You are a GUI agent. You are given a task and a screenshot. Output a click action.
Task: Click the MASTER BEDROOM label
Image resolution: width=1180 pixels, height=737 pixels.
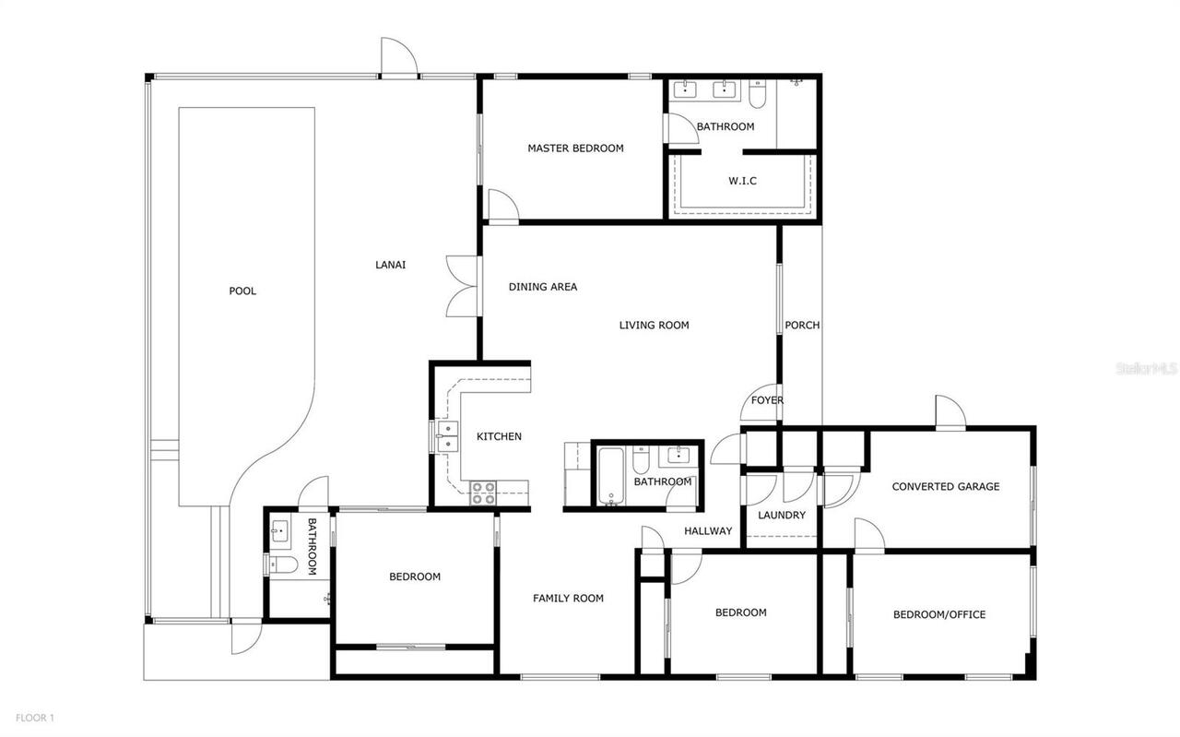pos(575,149)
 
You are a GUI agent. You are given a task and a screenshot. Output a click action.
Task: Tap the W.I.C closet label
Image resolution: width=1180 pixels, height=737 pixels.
pos(742,181)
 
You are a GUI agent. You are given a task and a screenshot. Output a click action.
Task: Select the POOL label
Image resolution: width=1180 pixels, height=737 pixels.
pos(242,291)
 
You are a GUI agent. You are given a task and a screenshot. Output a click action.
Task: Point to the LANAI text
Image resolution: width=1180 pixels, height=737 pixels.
pos(390,266)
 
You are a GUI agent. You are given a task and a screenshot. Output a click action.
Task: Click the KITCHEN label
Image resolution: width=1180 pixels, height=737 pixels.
pos(499,437)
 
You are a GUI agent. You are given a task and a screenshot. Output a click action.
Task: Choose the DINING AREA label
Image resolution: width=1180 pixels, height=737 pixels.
pos(543,287)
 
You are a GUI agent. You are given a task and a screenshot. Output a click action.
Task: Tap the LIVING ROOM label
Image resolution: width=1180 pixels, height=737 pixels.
pos(654,326)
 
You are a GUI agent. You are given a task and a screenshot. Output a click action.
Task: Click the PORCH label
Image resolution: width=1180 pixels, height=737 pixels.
pos(802,326)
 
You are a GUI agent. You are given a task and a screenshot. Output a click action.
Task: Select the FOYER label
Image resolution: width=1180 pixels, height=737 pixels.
pos(767,400)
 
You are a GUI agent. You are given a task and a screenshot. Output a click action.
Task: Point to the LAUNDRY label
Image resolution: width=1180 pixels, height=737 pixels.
pos(782,516)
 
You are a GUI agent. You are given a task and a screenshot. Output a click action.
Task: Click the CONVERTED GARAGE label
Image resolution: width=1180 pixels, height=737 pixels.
pos(945,487)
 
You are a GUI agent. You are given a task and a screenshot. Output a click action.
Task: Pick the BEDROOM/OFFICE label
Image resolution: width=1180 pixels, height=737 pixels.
pos(939,615)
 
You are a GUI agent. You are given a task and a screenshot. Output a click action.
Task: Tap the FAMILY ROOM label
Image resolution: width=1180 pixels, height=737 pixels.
pos(568,599)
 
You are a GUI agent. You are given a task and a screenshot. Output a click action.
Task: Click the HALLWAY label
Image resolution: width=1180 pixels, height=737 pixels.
pos(708,531)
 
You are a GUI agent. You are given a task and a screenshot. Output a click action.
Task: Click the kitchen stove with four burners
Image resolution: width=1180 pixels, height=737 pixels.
pos(483,493)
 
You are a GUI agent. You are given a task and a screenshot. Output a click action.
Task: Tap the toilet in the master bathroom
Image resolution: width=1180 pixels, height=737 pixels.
pos(757,94)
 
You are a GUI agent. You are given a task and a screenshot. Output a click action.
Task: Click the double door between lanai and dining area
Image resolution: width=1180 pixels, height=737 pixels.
pos(461,286)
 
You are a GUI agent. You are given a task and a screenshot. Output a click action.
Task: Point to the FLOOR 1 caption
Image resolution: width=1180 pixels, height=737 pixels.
pos(35,718)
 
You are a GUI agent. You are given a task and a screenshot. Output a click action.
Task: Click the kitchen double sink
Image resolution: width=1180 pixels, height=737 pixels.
pos(446,436)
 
